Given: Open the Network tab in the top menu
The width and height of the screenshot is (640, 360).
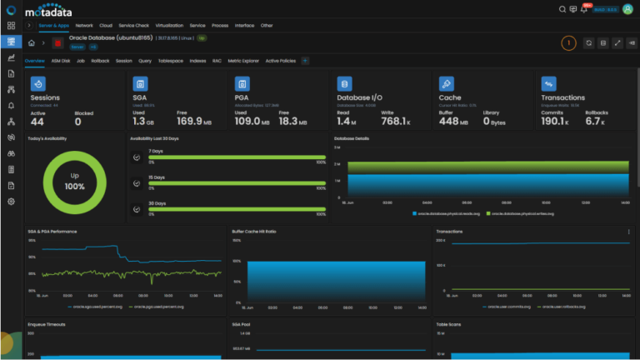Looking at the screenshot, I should pos(84,26).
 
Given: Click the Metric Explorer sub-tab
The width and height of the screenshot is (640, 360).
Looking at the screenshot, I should pos(243,61).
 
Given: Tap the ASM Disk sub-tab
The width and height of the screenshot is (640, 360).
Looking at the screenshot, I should pos(61,61).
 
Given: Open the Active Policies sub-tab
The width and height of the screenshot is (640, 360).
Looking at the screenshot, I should pos(280,61).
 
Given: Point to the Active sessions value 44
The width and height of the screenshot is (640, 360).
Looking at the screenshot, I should pos(37,122).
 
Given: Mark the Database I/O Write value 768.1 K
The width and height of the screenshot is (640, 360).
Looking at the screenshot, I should pos(396,122).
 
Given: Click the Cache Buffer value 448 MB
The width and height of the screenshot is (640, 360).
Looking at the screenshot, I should pos(454,122).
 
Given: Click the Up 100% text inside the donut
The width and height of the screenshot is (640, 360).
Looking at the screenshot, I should pos(74,181).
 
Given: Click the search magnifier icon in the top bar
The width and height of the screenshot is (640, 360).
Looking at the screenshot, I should pos(562,9).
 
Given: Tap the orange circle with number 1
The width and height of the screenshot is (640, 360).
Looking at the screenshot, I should pos(568,42).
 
